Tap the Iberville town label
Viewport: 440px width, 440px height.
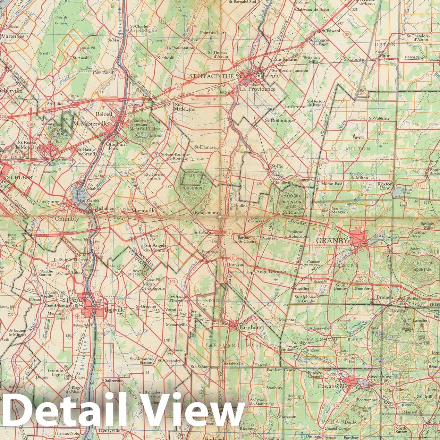(113, 310)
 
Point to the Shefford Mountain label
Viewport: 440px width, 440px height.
(422, 265)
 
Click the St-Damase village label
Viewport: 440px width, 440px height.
(205, 147)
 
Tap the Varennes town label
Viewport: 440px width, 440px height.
(12, 36)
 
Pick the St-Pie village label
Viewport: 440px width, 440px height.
(277, 166)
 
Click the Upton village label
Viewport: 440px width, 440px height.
(383, 56)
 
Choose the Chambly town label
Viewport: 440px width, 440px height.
(67, 219)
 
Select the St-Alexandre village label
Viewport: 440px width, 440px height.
(169, 361)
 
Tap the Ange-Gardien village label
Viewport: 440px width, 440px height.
(271, 272)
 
